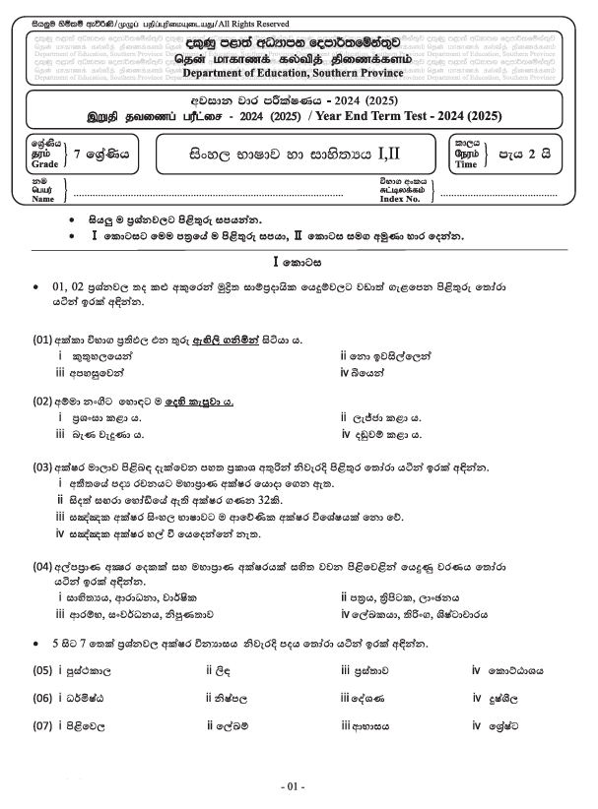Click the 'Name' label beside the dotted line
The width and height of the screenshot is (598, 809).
43,199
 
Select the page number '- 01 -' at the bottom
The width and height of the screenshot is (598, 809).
294,786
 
